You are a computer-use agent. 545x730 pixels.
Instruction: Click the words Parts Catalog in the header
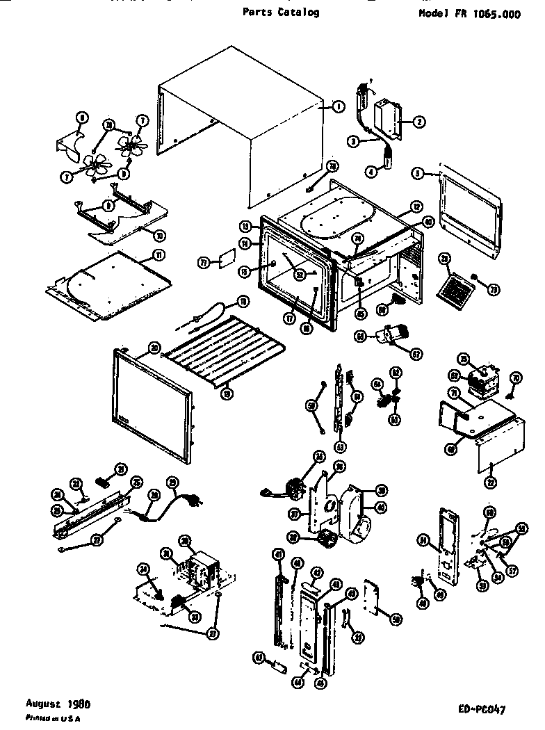click(282, 12)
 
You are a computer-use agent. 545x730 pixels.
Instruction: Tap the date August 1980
click(58, 703)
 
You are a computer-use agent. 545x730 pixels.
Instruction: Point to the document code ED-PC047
click(482, 710)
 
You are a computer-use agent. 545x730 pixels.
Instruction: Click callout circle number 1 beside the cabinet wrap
click(337, 106)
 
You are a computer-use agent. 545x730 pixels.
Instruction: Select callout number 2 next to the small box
click(418, 122)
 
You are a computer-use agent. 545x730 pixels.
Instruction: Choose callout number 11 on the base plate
click(158, 255)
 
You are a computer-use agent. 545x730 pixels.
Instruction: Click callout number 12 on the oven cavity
click(416, 206)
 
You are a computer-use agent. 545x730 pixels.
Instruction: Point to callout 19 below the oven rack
click(226, 393)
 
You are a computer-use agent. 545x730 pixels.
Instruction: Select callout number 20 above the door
click(154, 347)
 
